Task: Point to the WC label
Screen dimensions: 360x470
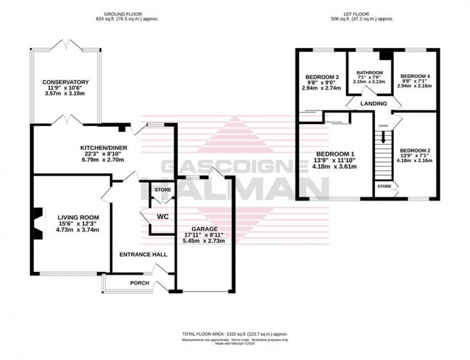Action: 163,217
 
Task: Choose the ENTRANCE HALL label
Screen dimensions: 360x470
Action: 143,254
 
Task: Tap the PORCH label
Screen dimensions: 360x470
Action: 140,283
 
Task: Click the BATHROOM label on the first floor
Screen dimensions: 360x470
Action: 370,72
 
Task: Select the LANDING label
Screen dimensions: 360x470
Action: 374,104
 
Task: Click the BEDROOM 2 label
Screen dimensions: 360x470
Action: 415,151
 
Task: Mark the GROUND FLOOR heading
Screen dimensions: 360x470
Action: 127,14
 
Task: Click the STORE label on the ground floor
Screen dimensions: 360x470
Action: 163,190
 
